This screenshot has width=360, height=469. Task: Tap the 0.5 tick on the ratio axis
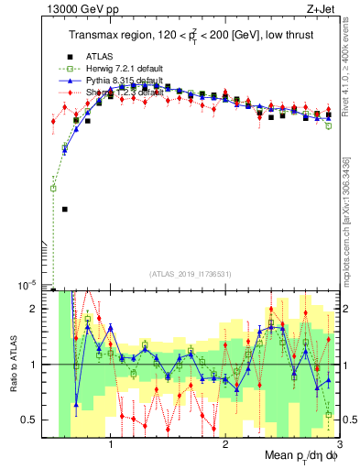point(29,420)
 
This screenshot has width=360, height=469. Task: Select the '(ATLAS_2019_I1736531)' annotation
point(190,274)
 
